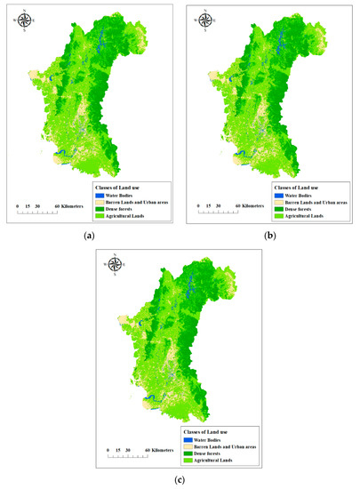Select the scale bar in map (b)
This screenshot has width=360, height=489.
tap(213, 212)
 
